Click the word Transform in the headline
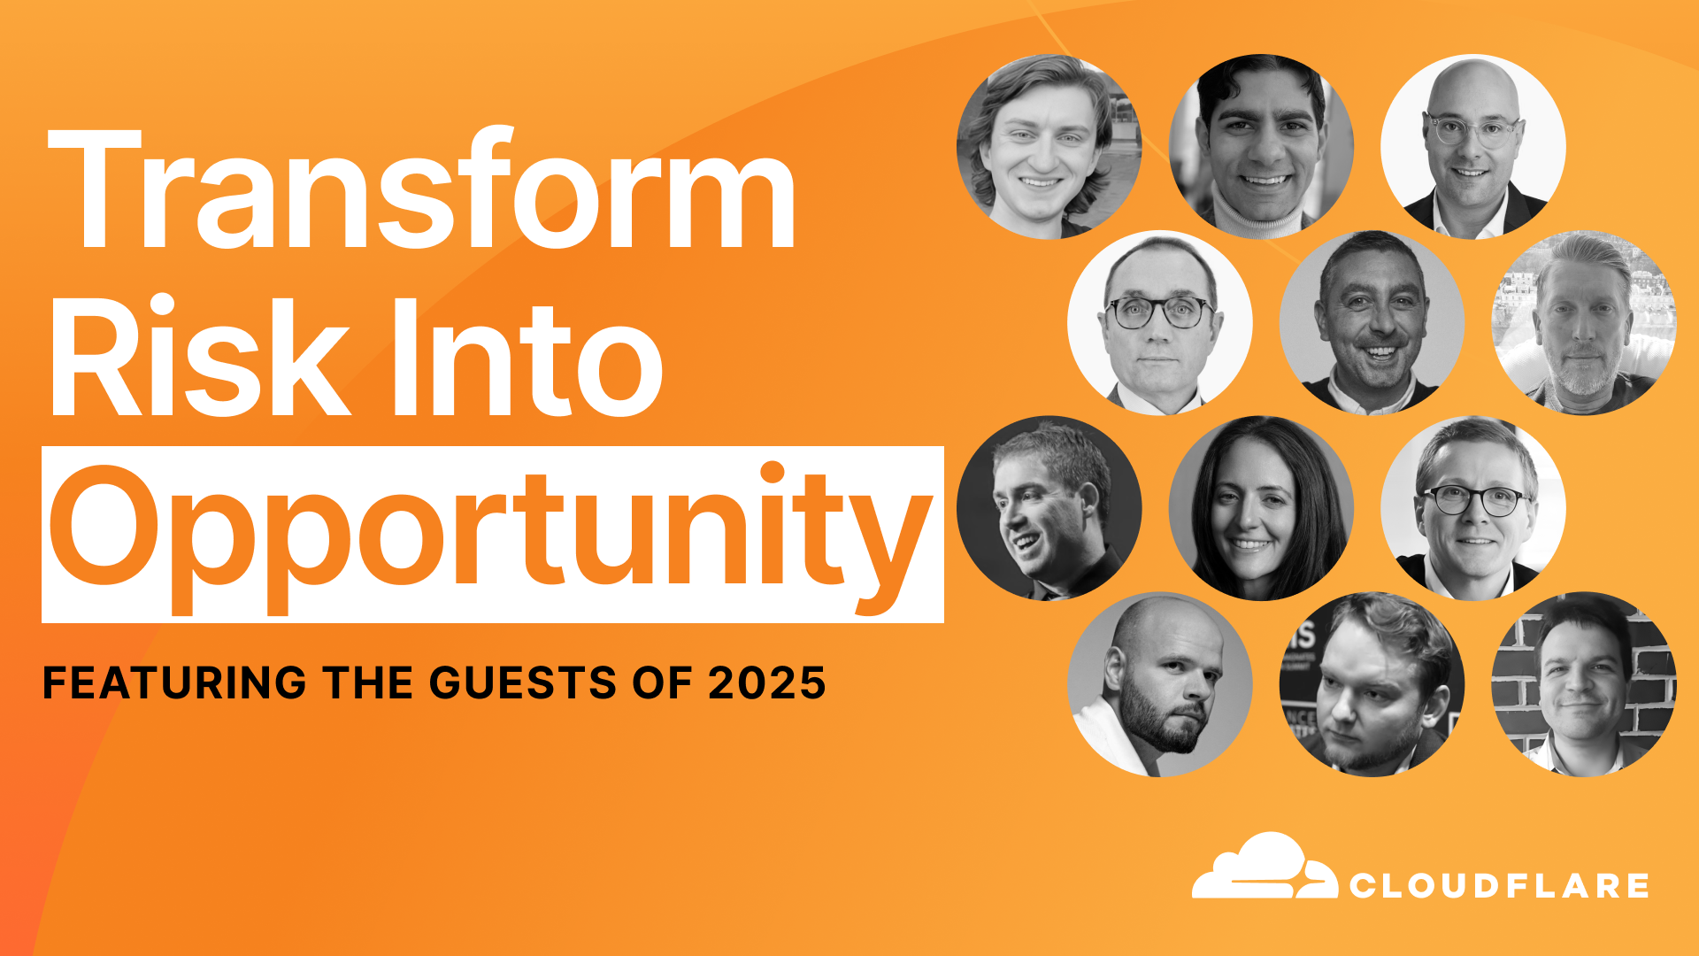point(423,188)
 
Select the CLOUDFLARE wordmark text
point(1499,885)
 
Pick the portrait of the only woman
point(1261,508)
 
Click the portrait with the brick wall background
point(1584,684)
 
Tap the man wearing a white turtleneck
point(1261,147)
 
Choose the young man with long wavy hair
point(1049,147)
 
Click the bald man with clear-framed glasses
point(1473,147)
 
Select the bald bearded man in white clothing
point(1159,684)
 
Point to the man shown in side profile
point(1049,508)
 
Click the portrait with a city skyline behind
point(1584,323)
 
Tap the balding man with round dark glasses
point(1159,323)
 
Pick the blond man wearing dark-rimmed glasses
point(1473,508)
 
